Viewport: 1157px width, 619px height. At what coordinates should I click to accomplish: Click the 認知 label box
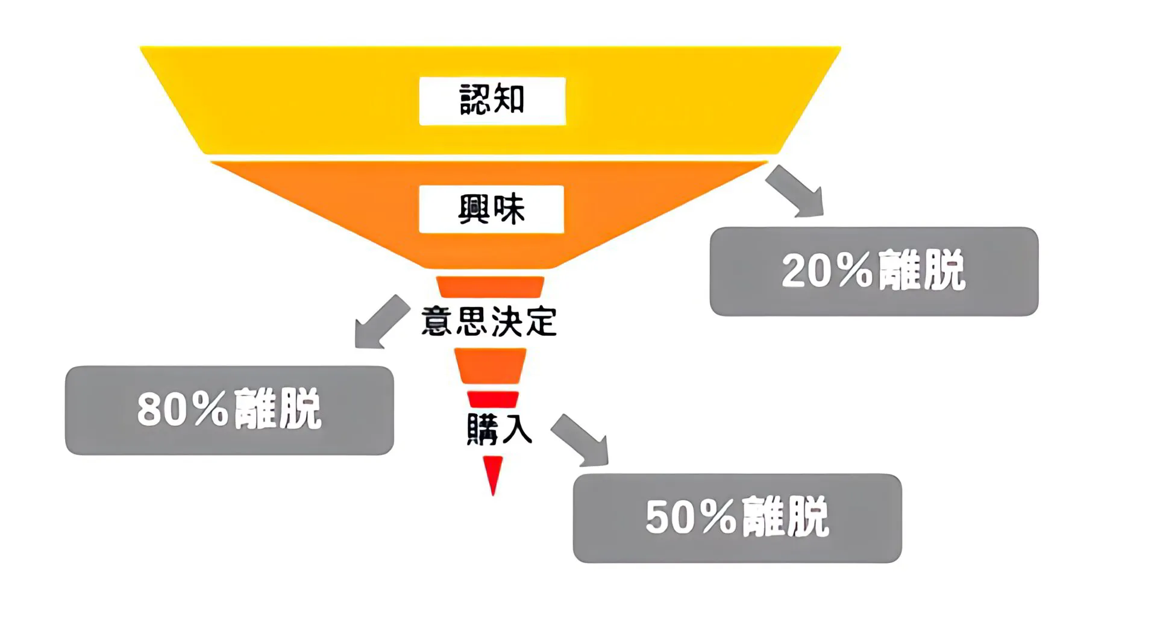pos(492,101)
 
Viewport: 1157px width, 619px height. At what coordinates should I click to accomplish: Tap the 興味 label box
pos(491,209)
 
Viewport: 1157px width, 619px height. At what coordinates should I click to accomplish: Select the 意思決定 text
pos(489,321)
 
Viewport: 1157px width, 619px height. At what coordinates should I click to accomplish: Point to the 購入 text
pos(499,429)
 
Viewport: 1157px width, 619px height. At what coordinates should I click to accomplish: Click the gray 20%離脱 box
pos(874,271)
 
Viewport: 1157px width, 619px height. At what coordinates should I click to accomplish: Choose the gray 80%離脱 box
pos(229,410)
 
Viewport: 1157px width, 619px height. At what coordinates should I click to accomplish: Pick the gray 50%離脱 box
pos(737,518)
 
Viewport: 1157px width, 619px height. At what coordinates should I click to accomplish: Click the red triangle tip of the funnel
pos(493,473)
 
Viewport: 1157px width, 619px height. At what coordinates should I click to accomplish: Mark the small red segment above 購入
pos(493,399)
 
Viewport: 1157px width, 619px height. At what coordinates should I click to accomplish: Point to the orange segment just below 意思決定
pos(490,365)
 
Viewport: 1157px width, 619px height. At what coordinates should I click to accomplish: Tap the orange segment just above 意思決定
pos(490,286)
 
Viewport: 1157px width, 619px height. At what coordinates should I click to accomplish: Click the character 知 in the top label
pos(510,99)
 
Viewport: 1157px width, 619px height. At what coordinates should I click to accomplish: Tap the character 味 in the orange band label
pos(509,209)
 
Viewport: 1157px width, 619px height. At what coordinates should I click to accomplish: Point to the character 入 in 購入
pos(516,429)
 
